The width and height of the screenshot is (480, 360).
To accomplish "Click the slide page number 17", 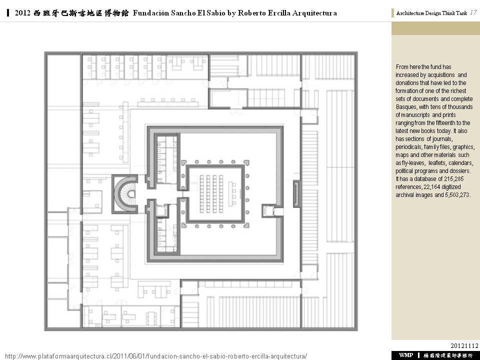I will (x=472, y=12).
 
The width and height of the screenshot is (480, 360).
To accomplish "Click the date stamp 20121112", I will (x=464, y=345).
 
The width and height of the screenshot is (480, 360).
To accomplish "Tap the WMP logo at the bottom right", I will (x=405, y=355).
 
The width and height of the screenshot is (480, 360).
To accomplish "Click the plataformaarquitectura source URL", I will (x=155, y=356).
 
